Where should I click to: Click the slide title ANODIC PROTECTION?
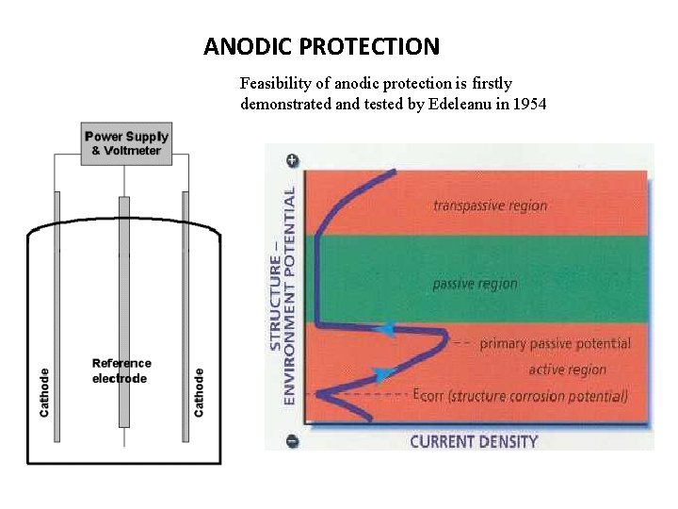tap(321, 46)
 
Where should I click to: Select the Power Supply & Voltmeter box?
tap(126, 143)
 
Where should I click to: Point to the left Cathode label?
tap(44, 392)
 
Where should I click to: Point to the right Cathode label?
tap(199, 392)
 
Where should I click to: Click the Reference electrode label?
tap(121, 370)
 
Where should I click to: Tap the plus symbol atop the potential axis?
tap(292, 160)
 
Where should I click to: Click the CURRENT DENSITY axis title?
tap(474, 441)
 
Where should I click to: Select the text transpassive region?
tap(490, 205)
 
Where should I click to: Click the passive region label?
tap(475, 284)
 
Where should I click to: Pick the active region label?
tap(567, 369)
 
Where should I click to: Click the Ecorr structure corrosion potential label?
tap(520, 396)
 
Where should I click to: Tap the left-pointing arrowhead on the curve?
tap(384, 329)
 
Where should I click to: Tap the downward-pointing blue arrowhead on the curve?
tap(381, 374)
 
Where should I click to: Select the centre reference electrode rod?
tap(123, 283)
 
